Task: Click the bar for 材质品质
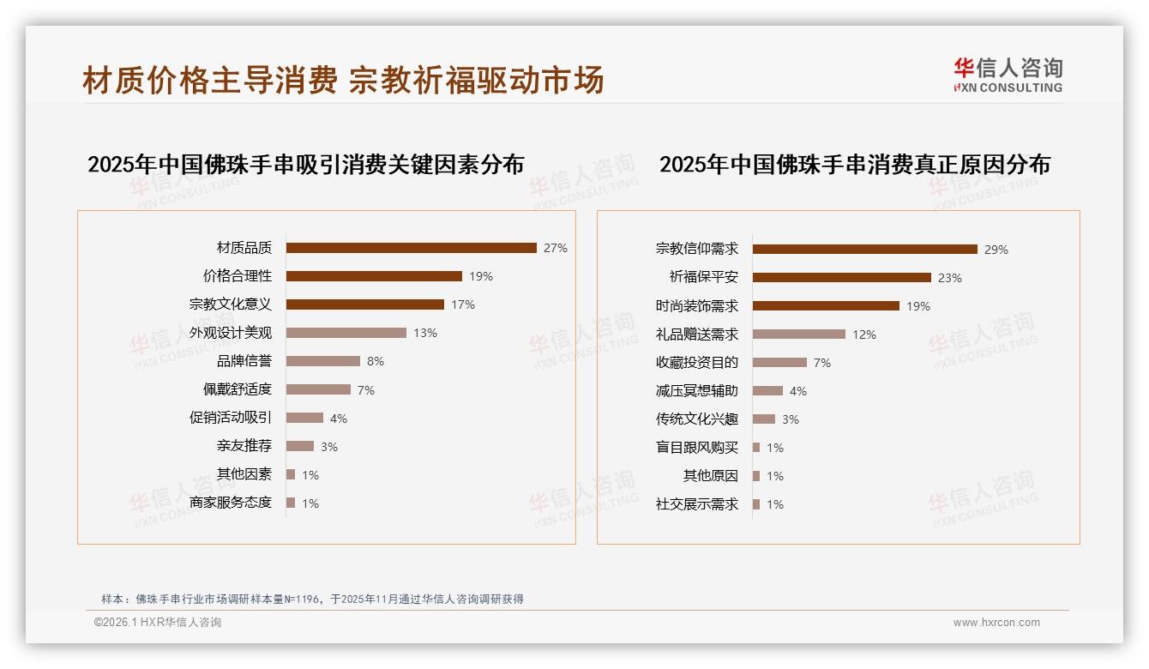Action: pos(412,248)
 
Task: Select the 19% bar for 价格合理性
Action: pos(374,276)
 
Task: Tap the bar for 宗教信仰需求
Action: pos(865,250)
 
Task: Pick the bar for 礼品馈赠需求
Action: pos(799,334)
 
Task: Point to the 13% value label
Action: pos(425,333)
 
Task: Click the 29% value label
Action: pos(996,250)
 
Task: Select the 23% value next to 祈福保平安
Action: pos(950,278)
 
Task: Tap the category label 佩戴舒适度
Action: pos(238,389)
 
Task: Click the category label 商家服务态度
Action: pos(231,503)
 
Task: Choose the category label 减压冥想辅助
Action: pos(696,391)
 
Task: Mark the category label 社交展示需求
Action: pos(696,504)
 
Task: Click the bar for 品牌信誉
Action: pos(323,361)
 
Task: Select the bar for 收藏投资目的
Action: pos(779,363)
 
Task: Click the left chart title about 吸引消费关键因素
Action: pos(305,164)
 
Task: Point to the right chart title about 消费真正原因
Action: pos(854,164)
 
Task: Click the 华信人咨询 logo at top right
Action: pos(1008,75)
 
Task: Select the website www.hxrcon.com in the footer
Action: pos(996,623)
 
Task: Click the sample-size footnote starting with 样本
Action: pos(312,600)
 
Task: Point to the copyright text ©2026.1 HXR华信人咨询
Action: pos(158,623)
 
